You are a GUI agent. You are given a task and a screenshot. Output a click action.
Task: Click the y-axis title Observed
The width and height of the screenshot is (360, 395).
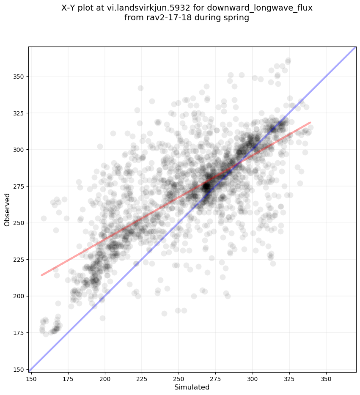pyautogui.click(x=7, y=209)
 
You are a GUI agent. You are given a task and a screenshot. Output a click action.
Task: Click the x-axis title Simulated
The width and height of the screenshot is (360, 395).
pyautogui.click(x=192, y=387)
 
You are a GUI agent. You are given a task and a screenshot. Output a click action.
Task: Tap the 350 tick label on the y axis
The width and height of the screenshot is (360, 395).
pyautogui.click(x=19, y=77)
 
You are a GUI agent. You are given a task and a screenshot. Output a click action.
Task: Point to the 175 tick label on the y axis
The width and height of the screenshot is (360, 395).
pyautogui.click(x=19, y=332)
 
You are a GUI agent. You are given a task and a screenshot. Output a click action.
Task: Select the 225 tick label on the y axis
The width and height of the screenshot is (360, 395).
pyautogui.click(x=19, y=259)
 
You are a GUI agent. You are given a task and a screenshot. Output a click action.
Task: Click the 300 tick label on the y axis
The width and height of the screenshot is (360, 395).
pyautogui.click(x=19, y=150)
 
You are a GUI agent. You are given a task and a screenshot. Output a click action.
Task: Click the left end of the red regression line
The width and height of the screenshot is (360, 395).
pyautogui.click(x=41, y=275)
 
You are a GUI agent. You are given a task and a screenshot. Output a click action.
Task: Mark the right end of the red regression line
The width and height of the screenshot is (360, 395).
pyautogui.click(x=311, y=122)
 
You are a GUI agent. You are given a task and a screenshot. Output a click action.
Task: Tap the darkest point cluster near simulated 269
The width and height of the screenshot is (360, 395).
pyautogui.click(x=206, y=186)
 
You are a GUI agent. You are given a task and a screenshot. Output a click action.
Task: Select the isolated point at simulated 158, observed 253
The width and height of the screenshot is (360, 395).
pyautogui.click(x=44, y=218)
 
